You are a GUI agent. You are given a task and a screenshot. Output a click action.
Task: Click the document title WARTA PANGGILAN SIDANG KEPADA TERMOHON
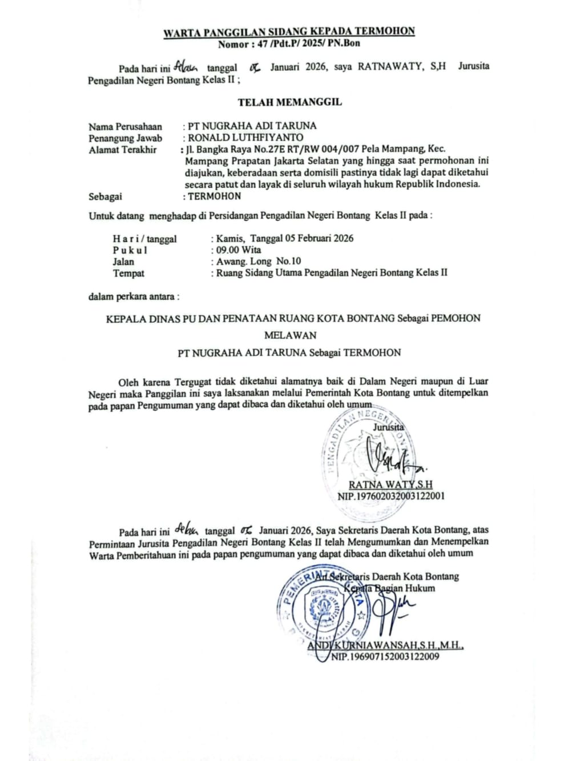[x=289, y=31]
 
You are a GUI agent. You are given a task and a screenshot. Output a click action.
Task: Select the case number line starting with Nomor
[x=289, y=43]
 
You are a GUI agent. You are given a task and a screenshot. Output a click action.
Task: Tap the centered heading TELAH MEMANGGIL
[x=289, y=103]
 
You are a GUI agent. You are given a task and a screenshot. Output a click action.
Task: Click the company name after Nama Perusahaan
[x=252, y=126]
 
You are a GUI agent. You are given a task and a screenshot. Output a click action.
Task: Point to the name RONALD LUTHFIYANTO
[x=245, y=138]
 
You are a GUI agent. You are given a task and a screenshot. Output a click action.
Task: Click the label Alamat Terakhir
[x=122, y=150]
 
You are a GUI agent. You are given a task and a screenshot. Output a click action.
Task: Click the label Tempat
[x=128, y=273]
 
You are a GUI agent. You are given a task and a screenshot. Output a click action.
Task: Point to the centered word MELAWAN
[x=290, y=335]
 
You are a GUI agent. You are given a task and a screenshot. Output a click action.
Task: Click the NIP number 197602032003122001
[x=391, y=496]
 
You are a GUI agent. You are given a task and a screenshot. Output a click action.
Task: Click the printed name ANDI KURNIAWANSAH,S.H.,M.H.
[x=385, y=646]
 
